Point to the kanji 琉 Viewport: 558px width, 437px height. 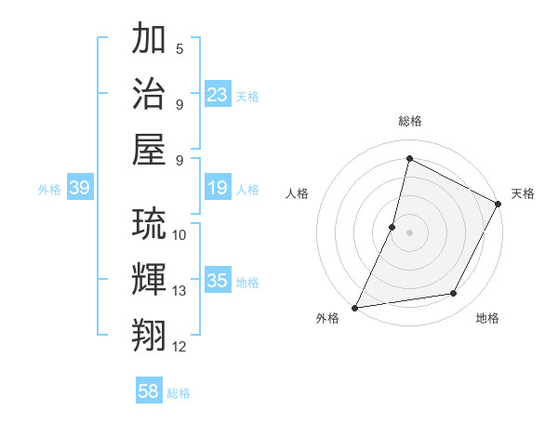[150, 225]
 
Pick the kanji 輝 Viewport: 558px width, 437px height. [150, 279]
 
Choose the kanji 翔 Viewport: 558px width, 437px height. [150, 334]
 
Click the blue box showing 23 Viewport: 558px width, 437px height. [218, 94]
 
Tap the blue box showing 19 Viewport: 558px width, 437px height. [218, 188]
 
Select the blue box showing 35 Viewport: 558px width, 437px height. [218, 281]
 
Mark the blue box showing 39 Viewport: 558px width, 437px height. [79, 188]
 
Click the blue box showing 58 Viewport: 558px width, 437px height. [149, 391]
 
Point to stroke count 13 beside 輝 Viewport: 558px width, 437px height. [179, 291]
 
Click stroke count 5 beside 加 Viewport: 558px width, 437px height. [179, 48]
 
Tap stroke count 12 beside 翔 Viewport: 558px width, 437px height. [179, 347]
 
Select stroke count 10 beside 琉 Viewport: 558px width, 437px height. [179, 234]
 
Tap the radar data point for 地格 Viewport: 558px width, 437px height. [454, 294]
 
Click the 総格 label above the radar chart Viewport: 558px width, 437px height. [410, 121]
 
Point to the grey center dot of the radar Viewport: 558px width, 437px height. [409, 232]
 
